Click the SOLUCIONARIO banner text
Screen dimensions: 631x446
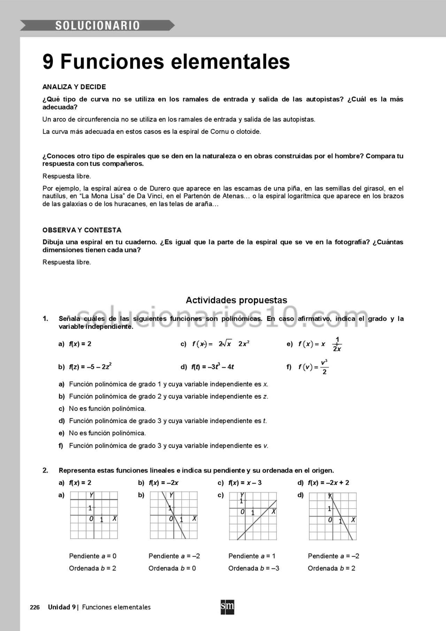97,25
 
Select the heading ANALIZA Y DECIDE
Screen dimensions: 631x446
74,87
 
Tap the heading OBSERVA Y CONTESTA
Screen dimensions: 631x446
82,230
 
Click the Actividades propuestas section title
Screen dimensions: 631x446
236,300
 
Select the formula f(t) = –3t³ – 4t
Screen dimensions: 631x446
213,367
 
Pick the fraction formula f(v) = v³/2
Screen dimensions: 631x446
313,367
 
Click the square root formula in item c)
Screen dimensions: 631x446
221,344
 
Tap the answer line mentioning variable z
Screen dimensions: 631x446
168,397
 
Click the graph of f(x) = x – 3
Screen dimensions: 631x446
253,516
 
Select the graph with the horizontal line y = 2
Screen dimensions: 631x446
94,515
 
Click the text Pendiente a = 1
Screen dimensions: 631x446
252,556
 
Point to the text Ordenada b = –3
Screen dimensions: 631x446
254,568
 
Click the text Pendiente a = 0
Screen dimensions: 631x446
93,556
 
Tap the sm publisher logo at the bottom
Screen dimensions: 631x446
227,607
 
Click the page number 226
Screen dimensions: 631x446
35,607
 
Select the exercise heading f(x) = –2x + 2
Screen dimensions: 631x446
328,483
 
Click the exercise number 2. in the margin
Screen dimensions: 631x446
45,470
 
